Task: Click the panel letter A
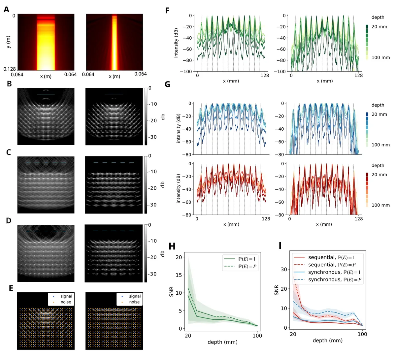[x=6, y=10]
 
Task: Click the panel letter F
[x=167, y=11]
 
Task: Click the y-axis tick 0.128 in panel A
[x=10, y=69]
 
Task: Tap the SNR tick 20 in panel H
[x=179, y=257]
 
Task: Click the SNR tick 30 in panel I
[x=284, y=269]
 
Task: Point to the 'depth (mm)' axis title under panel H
[x=222, y=342]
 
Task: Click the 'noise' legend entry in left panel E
[x=66, y=302]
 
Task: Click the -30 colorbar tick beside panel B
[x=152, y=137]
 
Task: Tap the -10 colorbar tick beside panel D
[x=152, y=241]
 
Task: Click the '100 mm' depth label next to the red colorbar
[x=380, y=205]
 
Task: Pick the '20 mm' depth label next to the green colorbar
[x=379, y=26]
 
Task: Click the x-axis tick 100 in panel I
[x=362, y=334]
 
